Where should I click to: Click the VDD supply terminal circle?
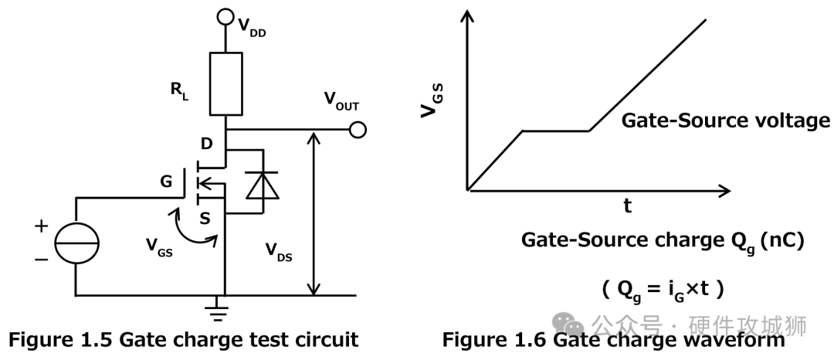[x=225, y=15]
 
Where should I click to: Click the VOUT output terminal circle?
[x=358, y=130]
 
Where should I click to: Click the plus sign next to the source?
[x=41, y=226]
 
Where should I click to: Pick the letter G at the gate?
[x=166, y=182]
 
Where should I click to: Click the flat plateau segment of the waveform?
[x=556, y=131]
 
